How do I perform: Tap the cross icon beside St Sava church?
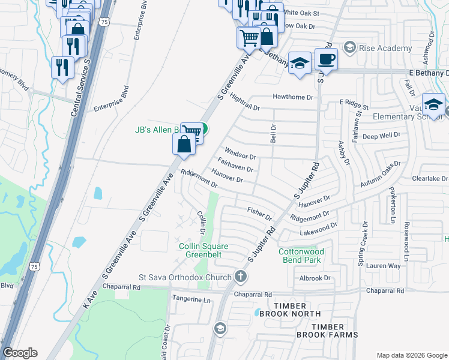pos(241,277)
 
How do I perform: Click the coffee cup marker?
pos(326,59)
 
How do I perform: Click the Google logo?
pos(20,353)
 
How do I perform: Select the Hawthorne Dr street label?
pos(294,97)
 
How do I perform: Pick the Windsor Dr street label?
pos(240,153)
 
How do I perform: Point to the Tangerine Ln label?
pos(191,299)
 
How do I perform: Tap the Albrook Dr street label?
pos(315,278)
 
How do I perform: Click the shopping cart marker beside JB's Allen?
pos(191,131)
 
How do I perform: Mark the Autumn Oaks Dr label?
pos(380,173)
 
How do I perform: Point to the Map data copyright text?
pos(411,355)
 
